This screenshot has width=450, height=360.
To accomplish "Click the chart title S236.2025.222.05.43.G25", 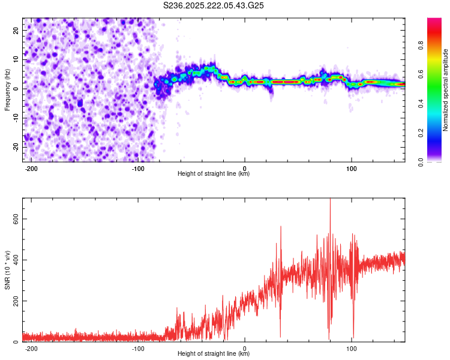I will (214, 5).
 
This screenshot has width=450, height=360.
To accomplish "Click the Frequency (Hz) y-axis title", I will (7, 90).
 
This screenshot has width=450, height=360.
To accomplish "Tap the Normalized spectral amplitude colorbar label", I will (446, 90).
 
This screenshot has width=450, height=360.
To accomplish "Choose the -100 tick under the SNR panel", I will (139, 347).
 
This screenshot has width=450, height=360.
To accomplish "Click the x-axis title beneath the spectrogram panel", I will (214, 174).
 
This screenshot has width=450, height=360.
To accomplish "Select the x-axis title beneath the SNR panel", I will (214, 354).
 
